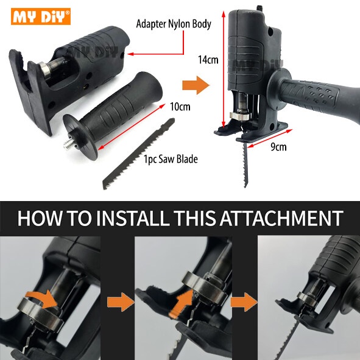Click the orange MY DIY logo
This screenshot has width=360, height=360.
point(41,16)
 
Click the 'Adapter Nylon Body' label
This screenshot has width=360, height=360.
point(174,24)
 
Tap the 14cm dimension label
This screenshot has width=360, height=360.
point(208,60)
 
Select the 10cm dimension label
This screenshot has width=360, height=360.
point(180,107)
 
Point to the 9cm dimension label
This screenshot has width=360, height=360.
point(278,147)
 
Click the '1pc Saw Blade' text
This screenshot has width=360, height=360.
point(171,159)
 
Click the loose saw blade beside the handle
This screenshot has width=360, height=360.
point(138,154)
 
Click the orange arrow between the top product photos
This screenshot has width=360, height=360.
point(196,85)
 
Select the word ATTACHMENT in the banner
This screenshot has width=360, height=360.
point(281,218)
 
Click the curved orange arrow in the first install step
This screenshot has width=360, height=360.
point(41,299)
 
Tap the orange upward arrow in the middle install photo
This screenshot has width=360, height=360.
point(182,303)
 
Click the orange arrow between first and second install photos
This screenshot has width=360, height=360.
point(121,302)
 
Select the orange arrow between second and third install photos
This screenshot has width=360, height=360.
point(244,302)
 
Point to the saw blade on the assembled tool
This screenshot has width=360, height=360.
point(245,163)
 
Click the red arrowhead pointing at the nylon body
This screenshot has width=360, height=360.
point(130,54)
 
